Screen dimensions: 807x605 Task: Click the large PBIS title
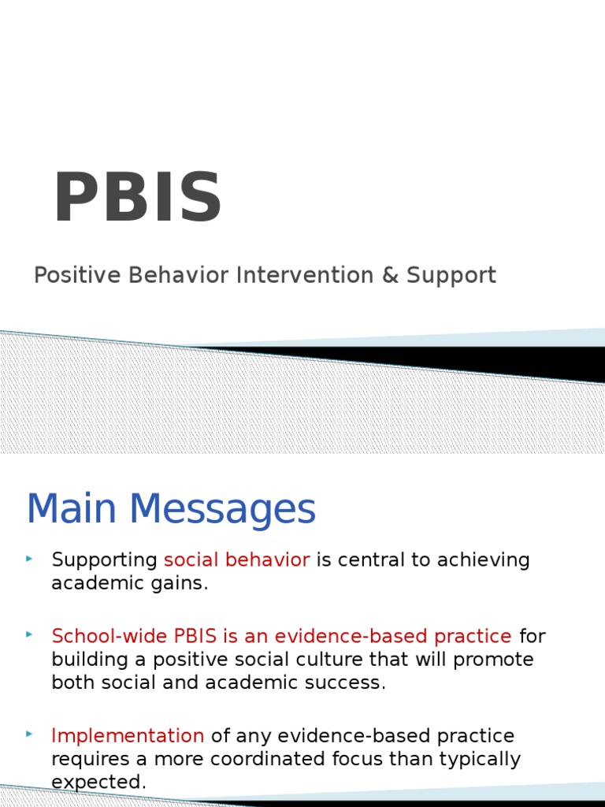(138, 199)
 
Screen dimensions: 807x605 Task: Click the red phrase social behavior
(236, 560)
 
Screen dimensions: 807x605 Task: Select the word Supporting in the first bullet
(104, 561)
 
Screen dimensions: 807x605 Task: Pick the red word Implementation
(128, 736)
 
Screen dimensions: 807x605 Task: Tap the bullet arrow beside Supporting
(29, 559)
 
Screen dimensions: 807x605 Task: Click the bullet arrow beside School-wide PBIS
(29, 634)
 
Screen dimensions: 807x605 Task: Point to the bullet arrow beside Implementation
(29, 734)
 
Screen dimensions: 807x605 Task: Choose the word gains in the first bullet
(187, 584)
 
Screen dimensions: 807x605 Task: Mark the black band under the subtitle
(473, 361)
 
